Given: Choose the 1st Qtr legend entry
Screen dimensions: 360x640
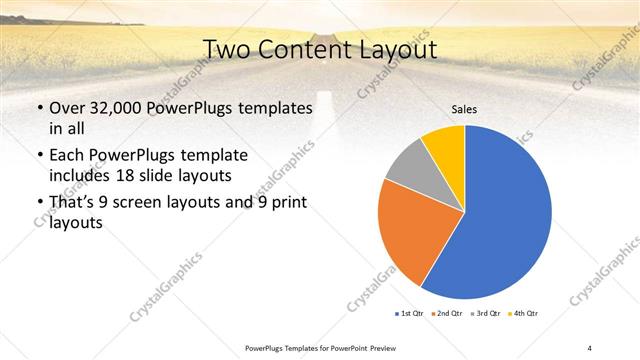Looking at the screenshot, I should coord(409,313).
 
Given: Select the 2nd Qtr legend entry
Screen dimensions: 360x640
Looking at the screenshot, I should coord(448,313).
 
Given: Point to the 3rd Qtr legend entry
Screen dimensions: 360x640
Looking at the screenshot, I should coord(487,313).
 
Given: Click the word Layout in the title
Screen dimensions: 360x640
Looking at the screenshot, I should coord(400,50).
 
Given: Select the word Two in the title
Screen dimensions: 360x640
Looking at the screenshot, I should coord(227,50).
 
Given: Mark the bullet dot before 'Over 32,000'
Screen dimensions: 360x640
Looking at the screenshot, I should coord(39,107).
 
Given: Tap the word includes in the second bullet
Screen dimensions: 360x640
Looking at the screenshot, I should coord(81,175).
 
